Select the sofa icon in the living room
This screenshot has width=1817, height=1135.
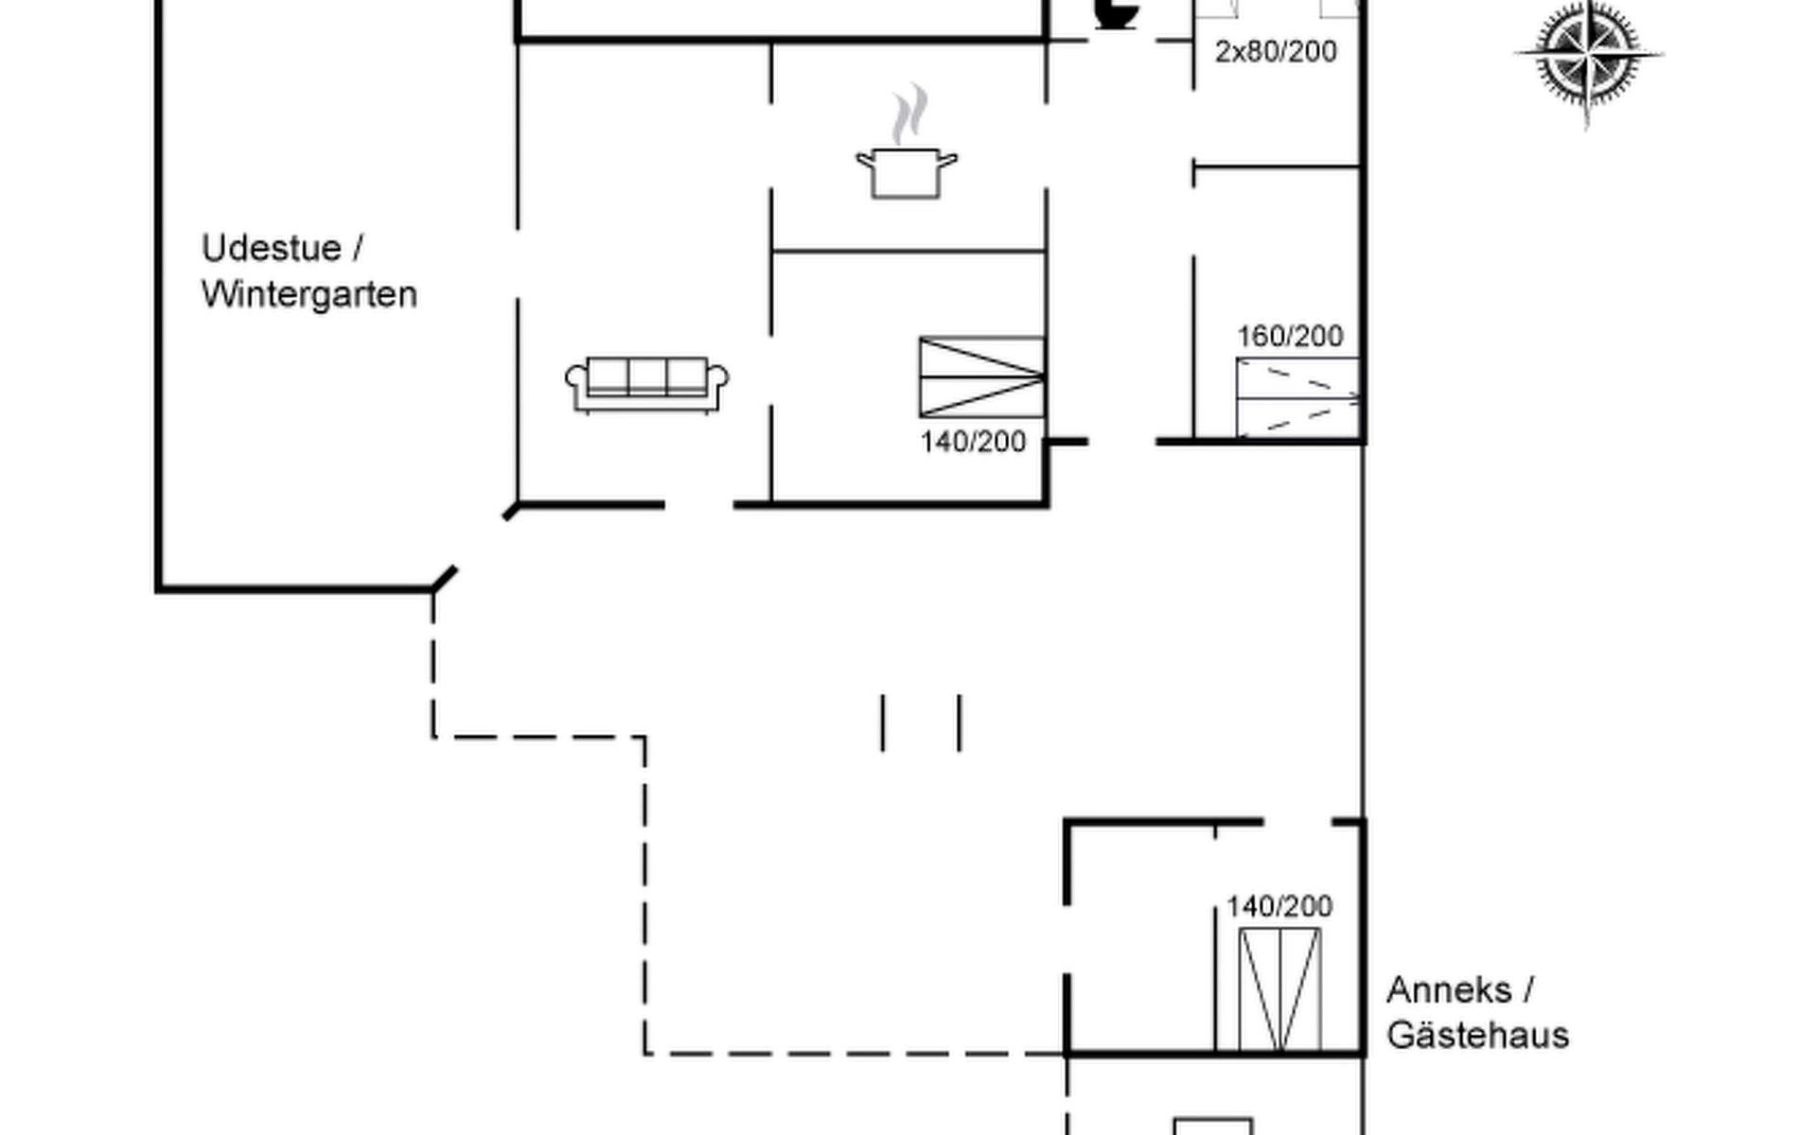646,384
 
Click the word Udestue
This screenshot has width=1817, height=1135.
271,249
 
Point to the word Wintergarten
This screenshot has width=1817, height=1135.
309,295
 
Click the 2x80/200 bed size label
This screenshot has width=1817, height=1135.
1276,51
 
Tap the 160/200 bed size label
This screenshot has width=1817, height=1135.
1291,337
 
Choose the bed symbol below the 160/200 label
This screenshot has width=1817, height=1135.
1297,398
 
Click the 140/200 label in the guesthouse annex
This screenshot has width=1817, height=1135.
1279,907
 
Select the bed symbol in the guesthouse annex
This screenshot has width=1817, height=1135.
1280,989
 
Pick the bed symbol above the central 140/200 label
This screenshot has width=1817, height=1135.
981,376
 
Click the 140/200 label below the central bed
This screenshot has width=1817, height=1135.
973,442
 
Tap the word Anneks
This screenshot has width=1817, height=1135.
1449,990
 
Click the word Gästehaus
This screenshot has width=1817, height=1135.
1477,1035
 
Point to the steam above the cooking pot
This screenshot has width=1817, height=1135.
909,113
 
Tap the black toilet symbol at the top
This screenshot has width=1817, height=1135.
1117,14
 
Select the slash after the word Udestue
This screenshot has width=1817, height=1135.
358,249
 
